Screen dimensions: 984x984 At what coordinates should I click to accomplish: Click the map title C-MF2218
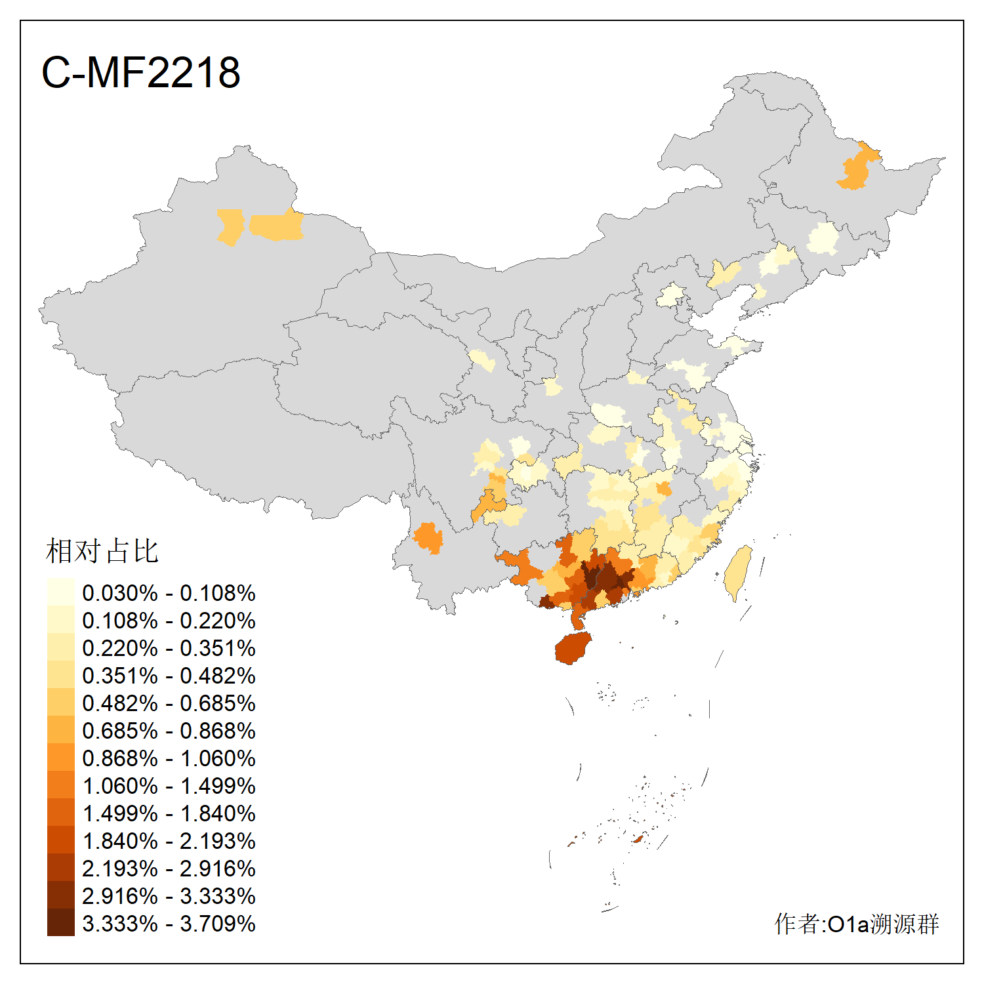click(140, 72)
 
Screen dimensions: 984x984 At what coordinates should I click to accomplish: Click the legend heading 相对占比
click(102, 551)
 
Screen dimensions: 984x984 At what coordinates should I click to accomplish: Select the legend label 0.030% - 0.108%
click(169, 593)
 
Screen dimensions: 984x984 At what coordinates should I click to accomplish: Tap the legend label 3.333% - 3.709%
click(169, 924)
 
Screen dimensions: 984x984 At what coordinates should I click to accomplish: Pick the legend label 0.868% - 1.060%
click(169, 758)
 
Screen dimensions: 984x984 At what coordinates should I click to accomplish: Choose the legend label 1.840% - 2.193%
click(169, 841)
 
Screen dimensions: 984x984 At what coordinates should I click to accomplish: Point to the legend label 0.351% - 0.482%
click(169, 676)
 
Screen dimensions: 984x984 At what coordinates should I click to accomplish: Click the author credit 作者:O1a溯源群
click(856, 924)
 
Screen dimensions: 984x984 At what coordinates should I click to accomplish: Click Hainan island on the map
click(573, 649)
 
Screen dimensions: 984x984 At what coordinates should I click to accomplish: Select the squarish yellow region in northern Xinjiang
click(230, 227)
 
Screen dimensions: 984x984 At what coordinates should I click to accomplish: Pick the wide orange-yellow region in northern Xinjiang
click(277, 226)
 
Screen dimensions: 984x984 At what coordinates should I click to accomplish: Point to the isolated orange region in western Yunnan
click(428, 538)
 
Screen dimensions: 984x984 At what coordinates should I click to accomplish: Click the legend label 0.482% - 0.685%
click(169, 703)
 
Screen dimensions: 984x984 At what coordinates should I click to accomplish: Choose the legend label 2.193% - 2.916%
click(169, 869)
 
